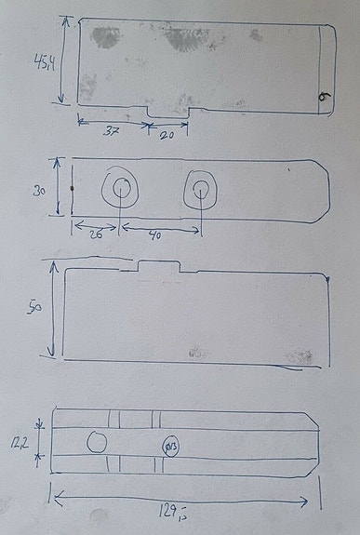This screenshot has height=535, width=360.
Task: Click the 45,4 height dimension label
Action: tap(42, 65)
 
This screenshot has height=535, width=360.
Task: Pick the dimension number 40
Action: tap(154, 236)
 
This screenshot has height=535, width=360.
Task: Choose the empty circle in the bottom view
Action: tap(97, 443)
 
